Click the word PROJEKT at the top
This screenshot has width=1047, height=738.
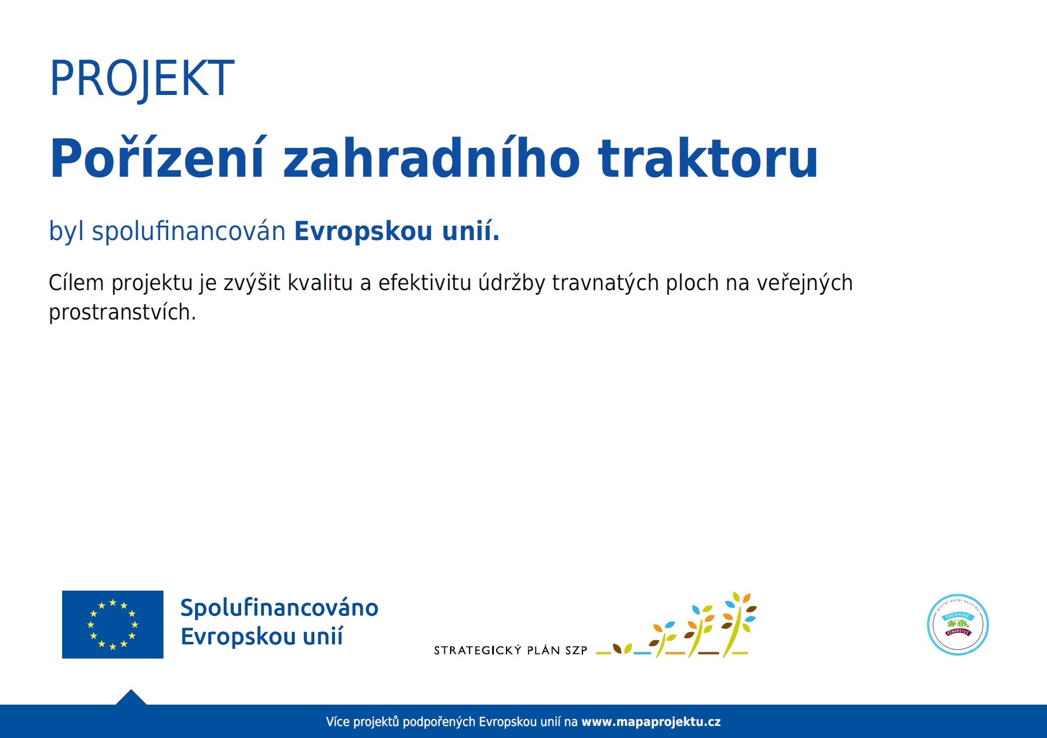pos(142,79)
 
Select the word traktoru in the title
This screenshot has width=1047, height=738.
pos(707,159)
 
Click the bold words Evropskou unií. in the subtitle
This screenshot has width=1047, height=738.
pos(397,231)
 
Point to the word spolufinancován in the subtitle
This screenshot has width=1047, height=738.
pos(188,231)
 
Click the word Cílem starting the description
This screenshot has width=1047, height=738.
pos(76,283)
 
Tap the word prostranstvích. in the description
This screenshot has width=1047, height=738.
pos(122,313)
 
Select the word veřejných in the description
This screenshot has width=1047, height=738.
pos(804,283)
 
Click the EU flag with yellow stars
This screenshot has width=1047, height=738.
pos(113,625)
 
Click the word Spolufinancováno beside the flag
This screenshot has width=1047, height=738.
pos(279,608)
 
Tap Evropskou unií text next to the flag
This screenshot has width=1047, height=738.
pos(261,637)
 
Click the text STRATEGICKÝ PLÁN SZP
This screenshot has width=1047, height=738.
pos(510,650)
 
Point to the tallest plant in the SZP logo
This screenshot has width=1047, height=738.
pos(738,625)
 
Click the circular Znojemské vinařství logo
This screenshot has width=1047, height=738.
pos(958,625)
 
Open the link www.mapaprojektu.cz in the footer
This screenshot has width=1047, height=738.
pos(650,722)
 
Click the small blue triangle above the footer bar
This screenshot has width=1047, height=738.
pos(131,698)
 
